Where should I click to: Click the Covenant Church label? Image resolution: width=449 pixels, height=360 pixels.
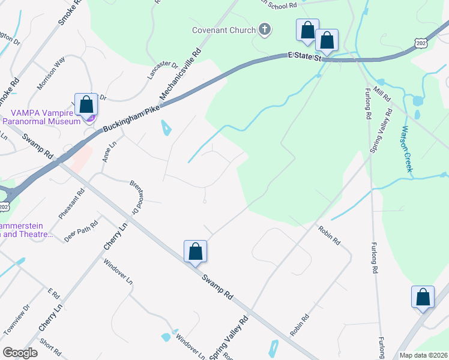point(223,30)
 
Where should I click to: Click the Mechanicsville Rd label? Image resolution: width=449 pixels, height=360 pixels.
point(181,74)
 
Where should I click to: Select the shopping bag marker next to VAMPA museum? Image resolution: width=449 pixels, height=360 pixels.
point(86,104)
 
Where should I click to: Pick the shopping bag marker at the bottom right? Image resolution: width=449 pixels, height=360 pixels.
point(423,297)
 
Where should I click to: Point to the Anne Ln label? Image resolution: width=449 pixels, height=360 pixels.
point(108,151)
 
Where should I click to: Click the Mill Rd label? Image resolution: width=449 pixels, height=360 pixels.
point(382,92)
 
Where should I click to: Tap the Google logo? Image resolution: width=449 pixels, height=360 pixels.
point(20,353)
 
